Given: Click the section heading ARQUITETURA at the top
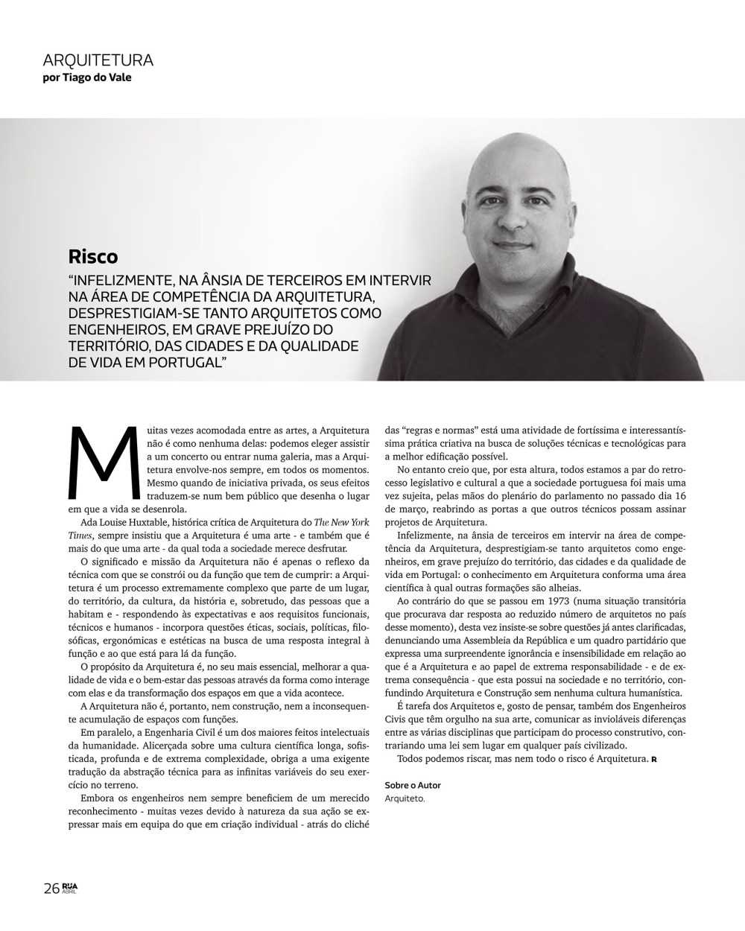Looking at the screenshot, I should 98,60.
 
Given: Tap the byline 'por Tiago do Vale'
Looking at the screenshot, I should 87,77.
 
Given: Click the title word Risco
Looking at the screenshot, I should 93,257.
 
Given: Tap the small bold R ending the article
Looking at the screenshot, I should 653,760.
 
